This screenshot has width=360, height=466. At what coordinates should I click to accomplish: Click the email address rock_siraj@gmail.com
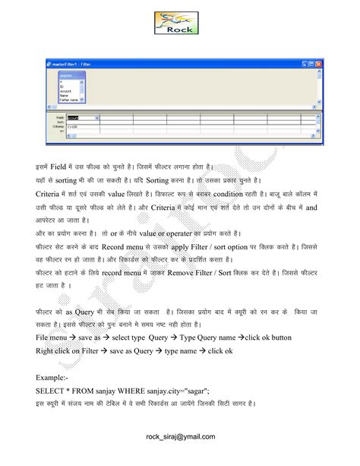(180, 436)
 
